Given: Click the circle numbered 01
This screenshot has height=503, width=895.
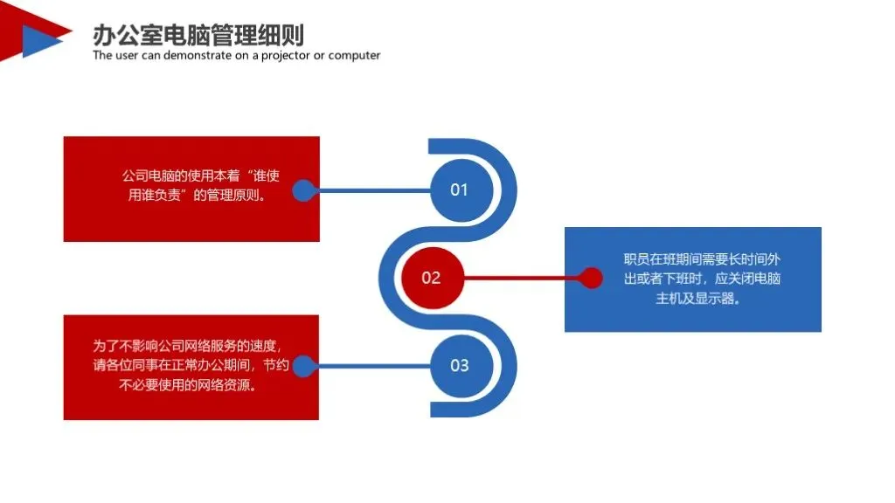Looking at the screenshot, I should coord(460,190).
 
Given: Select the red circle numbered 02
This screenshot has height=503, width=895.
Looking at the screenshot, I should coord(431,278).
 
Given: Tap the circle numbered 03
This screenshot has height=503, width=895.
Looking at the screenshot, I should coord(460,365).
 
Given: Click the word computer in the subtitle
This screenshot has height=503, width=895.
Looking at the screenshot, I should coord(354,56).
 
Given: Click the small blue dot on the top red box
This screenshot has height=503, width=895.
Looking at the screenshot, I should coord(302,190).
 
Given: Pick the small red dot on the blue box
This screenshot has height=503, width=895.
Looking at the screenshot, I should coord(592,278).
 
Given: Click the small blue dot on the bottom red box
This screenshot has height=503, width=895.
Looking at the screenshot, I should coord(302,365).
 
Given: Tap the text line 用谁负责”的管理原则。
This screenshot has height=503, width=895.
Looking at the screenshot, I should coord(197,195).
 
